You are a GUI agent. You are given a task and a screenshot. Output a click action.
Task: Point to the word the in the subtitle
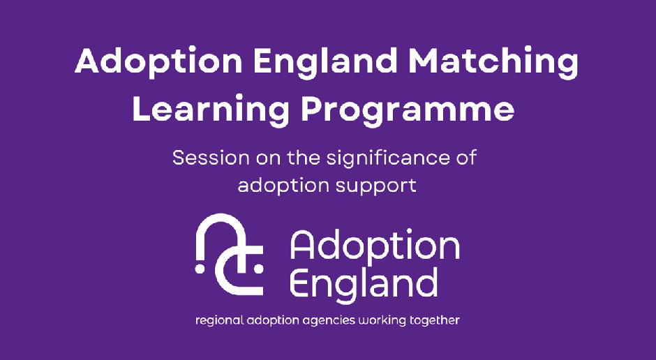(x=302, y=158)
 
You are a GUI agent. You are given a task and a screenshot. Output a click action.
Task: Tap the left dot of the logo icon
(x=200, y=269)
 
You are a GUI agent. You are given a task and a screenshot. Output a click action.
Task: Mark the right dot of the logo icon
(x=258, y=269)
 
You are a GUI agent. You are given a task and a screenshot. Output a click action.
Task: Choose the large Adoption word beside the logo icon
(x=375, y=246)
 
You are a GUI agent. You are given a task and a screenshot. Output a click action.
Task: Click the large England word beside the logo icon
(x=364, y=283)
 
